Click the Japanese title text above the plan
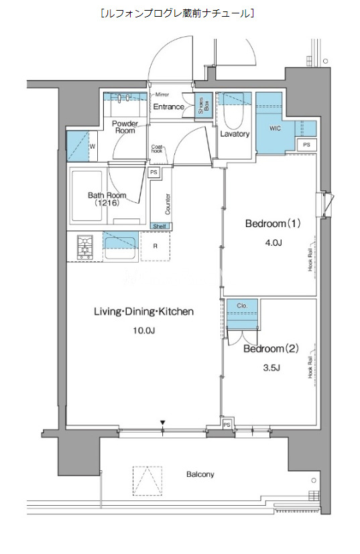(177, 13)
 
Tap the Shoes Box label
(204, 105)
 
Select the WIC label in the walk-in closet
(275, 128)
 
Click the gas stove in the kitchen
(85, 247)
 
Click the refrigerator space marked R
(156, 247)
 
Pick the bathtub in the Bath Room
(88, 196)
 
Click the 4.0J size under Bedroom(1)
(273, 243)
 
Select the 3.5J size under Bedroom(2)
(272, 368)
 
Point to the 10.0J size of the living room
(144, 331)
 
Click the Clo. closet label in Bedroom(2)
(242, 306)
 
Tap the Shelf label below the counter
(160, 226)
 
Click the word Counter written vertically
(168, 204)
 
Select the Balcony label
(200, 474)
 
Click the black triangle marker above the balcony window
(162, 423)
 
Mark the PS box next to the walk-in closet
(306, 145)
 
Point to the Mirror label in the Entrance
(162, 94)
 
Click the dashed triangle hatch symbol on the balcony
(147, 481)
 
